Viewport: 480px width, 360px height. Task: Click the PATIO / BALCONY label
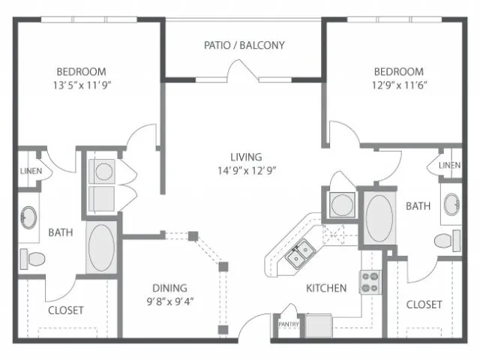click(x=244, y=45)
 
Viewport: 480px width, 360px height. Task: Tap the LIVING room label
click(x=246, y=157)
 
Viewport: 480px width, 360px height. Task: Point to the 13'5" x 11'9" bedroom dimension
click(x=82, y=85)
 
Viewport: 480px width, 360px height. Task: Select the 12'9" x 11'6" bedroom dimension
click(x=399, y=85)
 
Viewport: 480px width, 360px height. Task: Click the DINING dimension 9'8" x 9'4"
click(x=170, y=301)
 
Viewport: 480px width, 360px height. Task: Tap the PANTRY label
click(x=288, y=324)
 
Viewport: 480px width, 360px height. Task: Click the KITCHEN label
click(x=326, y=288)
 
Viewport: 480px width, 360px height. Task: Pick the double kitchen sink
click(x=300, y=254)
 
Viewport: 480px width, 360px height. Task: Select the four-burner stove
click(x=370, y=282)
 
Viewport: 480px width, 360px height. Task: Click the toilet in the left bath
click(x=32, y=259)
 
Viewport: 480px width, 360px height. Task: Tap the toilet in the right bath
click(x=448, y=241)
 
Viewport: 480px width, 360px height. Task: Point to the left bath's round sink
click(x=28, y=217)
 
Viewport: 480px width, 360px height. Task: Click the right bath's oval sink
click(x=451, y=205)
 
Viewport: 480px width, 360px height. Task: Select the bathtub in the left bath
click(x=101, y=247)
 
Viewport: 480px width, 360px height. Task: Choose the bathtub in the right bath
click(x=379, y=218)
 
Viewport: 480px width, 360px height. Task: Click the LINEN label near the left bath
click(x=31, y=171)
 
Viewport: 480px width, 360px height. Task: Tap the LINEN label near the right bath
click(x=450, y=165)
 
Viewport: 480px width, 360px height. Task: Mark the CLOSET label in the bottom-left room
click(x=66, y=310)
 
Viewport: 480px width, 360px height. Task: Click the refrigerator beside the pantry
click(x=319, y=325)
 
